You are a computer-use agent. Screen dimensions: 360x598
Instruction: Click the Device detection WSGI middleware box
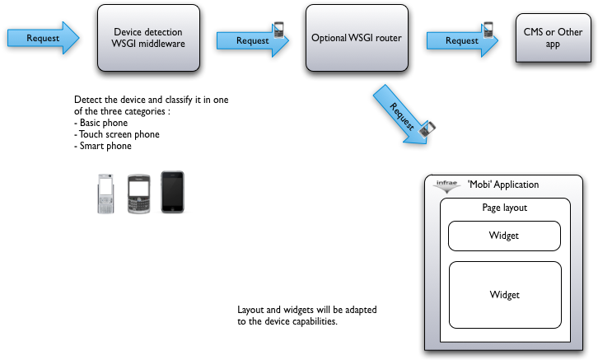148,38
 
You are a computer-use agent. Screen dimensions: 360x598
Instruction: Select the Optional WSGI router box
357,38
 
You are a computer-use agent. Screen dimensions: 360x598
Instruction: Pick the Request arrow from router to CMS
458,40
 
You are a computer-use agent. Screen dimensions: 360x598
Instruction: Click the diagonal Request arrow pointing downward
399,115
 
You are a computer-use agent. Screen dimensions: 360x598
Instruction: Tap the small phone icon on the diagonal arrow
427,129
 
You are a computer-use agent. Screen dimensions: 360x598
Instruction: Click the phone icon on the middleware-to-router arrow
279,30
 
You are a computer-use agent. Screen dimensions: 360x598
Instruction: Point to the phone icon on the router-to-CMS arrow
488,30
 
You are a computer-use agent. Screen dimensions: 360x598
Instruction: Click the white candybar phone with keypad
105,194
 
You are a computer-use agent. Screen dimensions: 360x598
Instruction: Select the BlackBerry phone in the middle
138,194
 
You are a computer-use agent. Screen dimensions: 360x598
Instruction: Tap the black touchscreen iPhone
172,192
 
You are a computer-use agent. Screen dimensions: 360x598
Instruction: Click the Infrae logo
446,186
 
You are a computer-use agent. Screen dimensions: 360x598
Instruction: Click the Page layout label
504,208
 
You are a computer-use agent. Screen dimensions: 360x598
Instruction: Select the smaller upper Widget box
504,236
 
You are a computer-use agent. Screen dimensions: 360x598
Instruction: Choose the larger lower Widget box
504,294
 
